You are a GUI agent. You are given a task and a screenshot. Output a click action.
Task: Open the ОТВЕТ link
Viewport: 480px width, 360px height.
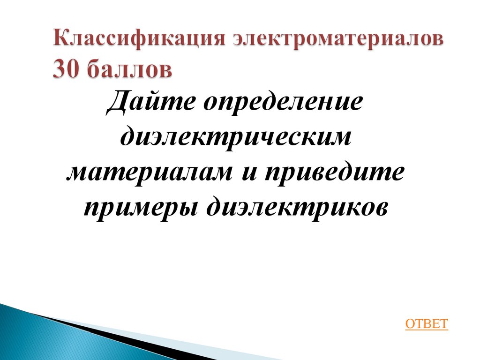click(x=427, y=324)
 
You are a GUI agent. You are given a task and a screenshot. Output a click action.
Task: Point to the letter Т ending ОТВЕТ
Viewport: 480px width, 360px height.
click(x=443, y=324)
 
